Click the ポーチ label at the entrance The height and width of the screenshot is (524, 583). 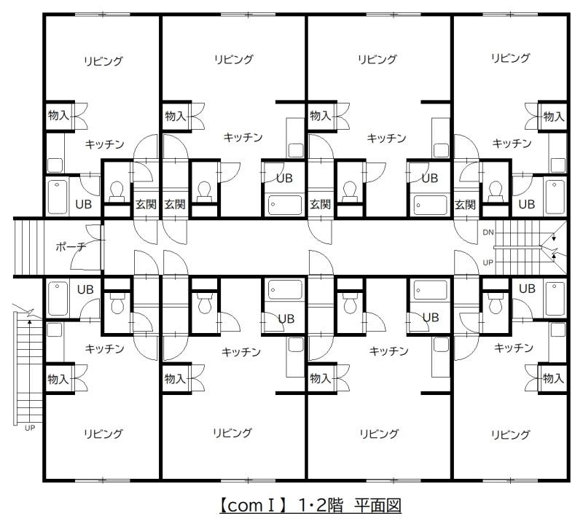(x=71, y=246)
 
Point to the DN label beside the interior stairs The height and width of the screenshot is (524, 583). (x=488, y=232)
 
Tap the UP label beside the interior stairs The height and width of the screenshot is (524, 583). (x=488, y=262)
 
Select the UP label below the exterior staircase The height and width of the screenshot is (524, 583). (x=30, y=428)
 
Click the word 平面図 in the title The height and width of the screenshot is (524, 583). (x=377, y=506)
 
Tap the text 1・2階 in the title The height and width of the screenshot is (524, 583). (x=321, y=506)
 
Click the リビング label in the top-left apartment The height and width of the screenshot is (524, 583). (x=103, y=61)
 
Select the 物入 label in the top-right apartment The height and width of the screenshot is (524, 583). (x=554, y=117)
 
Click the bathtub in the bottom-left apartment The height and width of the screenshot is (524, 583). (x=58, y=299)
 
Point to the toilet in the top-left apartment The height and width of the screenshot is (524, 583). (x=117, y=191)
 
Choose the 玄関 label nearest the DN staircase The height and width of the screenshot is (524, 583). (x=465, y=204)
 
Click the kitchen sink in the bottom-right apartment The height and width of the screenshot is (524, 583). (x=557, y=330)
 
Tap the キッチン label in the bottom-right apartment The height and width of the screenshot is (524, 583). (x=514, y=348)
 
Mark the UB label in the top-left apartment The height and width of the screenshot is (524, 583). (x=83, y=204)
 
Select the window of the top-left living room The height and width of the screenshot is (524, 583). (x=103, y=15)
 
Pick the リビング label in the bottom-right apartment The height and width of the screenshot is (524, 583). (x=511, y=434)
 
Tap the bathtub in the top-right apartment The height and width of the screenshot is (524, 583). (x=555, y=197)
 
